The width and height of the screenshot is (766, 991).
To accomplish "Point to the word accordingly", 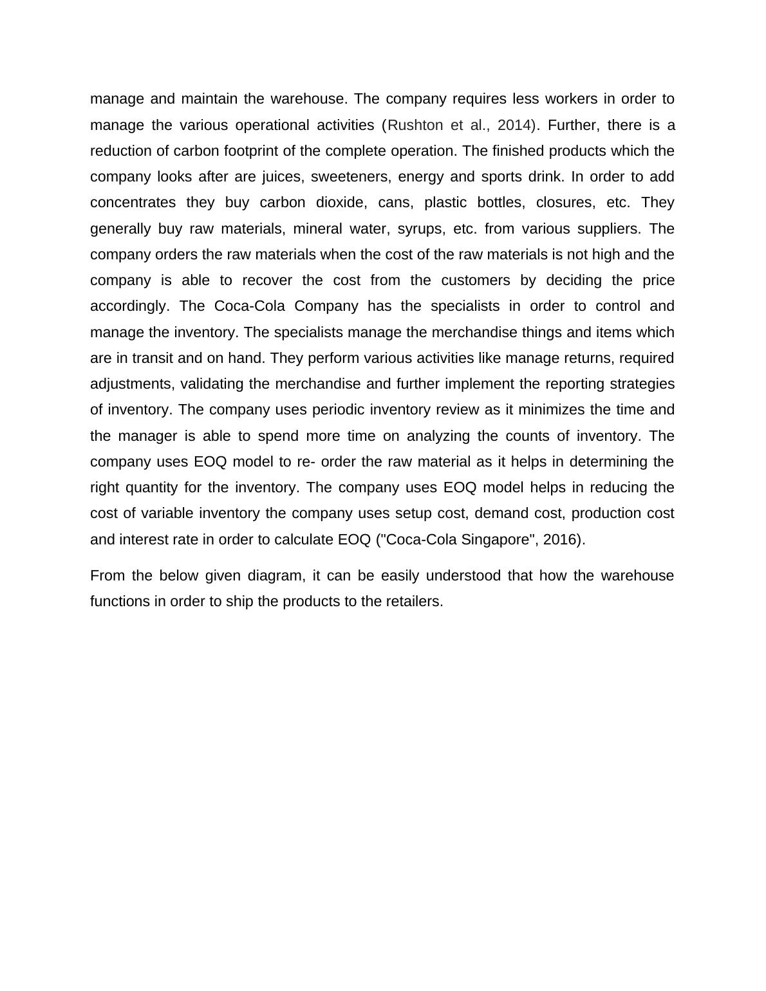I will [129, 306].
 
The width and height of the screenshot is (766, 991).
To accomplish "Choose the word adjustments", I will [132, 384].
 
